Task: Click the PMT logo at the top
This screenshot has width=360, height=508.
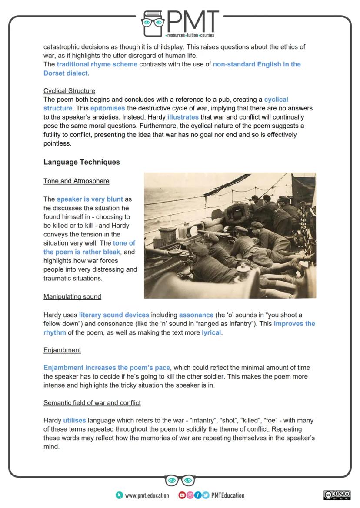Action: click(180, 23)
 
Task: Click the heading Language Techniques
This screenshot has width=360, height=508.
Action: click(81, 162)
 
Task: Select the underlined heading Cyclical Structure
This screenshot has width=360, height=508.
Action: click(69, 91)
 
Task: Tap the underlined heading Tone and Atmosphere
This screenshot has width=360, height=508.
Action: click(76, 181)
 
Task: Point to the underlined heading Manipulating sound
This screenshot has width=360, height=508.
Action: click(72, 296)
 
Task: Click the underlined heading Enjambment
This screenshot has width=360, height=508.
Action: click(62, 350)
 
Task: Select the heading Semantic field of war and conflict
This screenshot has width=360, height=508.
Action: click(92, 403)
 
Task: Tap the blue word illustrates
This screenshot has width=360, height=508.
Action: click(183, 117)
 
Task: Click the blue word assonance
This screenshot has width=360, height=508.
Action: click(196, 315)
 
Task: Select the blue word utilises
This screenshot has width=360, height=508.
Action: click(74, 420)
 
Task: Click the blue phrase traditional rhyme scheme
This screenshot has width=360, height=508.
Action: click(97, 64)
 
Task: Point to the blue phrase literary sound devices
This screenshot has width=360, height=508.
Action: click(114, 315)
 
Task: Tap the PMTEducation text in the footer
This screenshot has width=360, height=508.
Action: click(227, 495)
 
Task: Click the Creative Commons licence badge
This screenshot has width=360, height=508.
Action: click(337, 495)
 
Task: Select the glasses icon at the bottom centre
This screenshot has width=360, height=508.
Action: click(180, 480)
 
